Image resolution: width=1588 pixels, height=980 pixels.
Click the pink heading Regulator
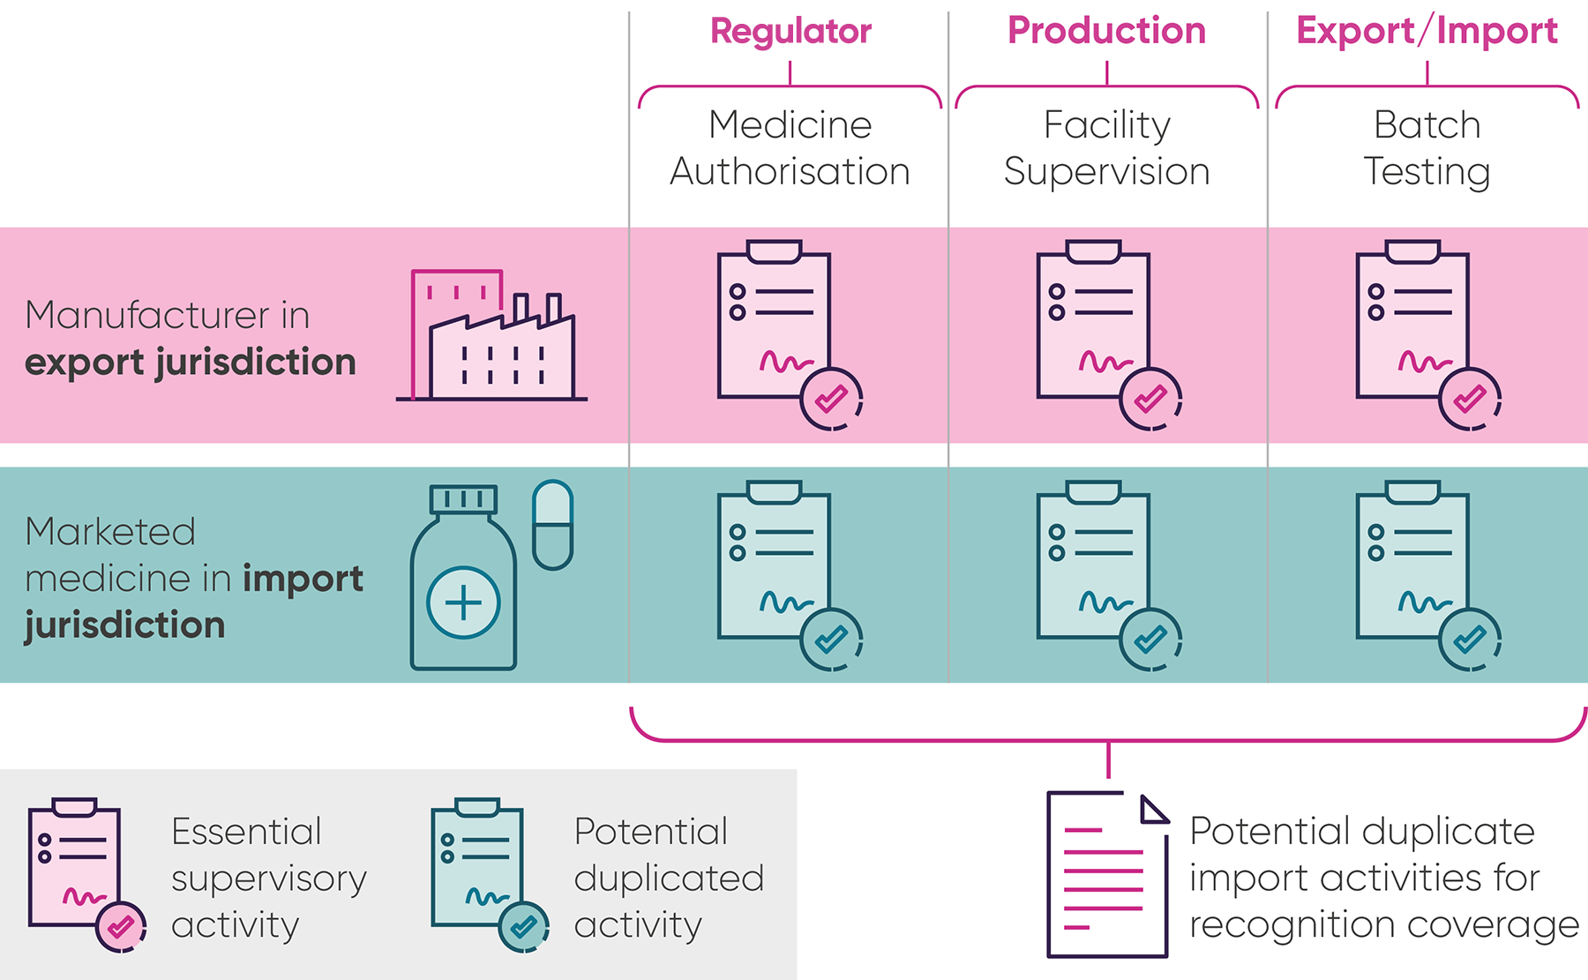pos(790,32)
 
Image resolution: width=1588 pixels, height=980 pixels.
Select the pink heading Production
pos(1106,32)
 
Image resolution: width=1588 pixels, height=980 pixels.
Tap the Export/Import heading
pos(1427,32)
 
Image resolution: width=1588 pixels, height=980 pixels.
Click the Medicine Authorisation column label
pos(790,148)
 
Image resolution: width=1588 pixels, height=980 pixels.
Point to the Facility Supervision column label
pos(1106,148)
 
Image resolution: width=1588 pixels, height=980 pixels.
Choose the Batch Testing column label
pos(1427,148)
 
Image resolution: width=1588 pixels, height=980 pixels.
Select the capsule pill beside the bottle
pos(553,524)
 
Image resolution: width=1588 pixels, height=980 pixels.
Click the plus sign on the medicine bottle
pos(463,603)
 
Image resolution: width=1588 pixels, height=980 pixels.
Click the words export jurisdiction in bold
pos(191,363)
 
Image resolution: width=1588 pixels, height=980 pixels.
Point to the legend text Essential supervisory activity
pos(268,878)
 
